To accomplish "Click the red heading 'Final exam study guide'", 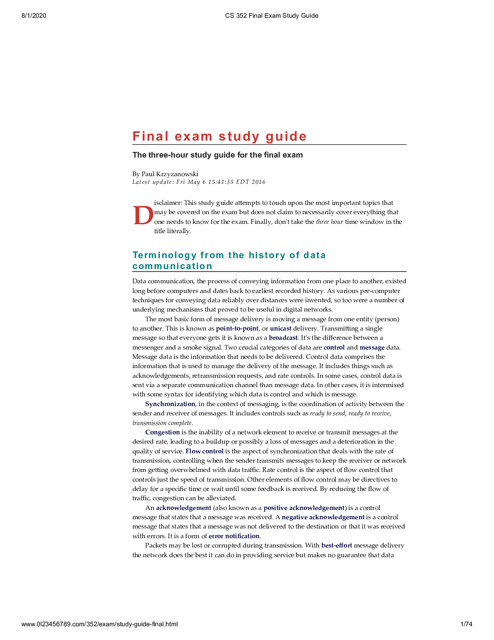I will tap(219, 136).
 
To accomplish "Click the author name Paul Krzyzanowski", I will tap(170, 174).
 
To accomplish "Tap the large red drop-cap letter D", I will tap(143, 216).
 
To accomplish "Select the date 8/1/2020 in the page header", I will tap(34, 16).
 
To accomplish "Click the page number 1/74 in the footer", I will tap(466, 624).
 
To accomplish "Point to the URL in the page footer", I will tap(99, 624).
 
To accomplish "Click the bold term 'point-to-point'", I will tap(237, 328).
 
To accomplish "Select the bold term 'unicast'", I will tap(280, 328).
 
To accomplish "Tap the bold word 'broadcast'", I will tap(283, 338).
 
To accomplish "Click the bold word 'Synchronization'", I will tap(170, 404).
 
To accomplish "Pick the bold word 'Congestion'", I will tap(162, 432).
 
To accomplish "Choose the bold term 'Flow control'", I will tap(204, 451).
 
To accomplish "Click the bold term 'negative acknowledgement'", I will tap(323, 517).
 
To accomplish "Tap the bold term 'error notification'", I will tap(234, 536).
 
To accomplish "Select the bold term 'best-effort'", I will tap(337, 545).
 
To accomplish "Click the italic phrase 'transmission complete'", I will tap(162, 423).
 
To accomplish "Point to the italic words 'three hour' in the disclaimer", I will tap(329, 222).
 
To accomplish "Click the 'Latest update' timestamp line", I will tap(199, 182).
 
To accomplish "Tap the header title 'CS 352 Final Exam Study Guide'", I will tap(272, 16).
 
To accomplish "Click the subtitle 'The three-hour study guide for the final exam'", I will tap(218, 155).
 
